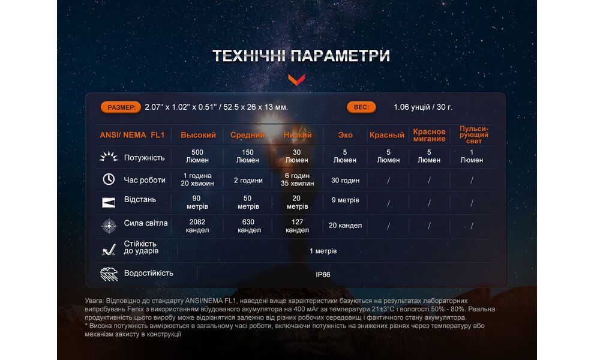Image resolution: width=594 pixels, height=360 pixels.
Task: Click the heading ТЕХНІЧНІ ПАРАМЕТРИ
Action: (x=301, y=56)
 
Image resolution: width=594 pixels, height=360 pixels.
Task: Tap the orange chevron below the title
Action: (x=296, y=79)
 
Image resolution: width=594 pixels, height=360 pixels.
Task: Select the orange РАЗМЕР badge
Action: (x=121, y=107)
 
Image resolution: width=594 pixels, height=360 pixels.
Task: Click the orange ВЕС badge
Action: (x=361, y=107)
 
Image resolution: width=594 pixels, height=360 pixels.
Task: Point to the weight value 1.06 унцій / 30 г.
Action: (x=423, y=107)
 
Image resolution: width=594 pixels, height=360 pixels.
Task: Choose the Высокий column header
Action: (x=198, y=135)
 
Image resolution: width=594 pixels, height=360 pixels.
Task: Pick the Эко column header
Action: (x=345, y=135)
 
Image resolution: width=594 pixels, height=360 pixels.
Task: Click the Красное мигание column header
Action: (x=429, y=135)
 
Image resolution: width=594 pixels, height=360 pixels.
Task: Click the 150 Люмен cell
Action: (x=248, y=156)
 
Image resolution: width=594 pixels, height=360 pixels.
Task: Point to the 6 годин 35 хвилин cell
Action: (x=297, y=179)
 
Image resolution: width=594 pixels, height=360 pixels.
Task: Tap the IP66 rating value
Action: (x=323, y=275)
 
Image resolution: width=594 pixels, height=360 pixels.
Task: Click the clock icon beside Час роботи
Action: (x=109, y=179)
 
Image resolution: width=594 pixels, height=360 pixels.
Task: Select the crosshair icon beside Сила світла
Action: (x=109, y=225)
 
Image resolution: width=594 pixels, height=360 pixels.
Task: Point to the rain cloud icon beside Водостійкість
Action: (x=109, y=274)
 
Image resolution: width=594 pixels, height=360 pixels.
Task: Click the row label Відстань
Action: (x=140, y=199)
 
